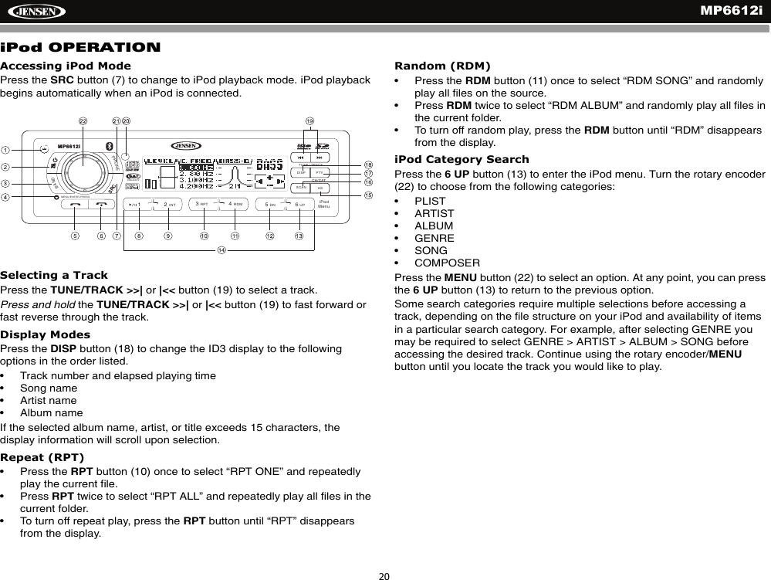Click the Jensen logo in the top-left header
point(35,11)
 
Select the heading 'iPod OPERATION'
point(81,48)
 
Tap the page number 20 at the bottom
point(384,575)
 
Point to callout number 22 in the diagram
point(83,121)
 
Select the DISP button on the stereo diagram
point(301,172)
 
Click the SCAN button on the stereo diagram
point(301,188)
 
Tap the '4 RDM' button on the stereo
point(237,205)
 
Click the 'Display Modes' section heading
point(45,335)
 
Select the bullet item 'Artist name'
point(48,400)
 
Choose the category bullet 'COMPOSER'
point(447,263)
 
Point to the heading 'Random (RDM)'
point(442,65)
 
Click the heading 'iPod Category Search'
point(462,160)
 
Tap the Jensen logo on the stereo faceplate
point(184,146)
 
